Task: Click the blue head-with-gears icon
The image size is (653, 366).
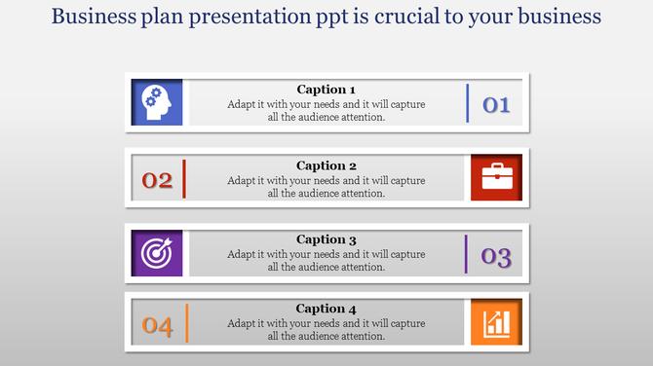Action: pos(156,102)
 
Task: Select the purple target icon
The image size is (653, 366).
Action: pos(156,253)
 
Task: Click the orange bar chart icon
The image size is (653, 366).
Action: pos(496,322)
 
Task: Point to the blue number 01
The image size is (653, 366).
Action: pos(497,104)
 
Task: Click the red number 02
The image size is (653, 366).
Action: pos(157,180)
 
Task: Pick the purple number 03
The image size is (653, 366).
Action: pos(496,257)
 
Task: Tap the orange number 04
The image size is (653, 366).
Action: pos(157,327)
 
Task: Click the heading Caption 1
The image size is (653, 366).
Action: pos(326,90)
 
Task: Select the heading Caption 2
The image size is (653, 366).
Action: pos(326,165)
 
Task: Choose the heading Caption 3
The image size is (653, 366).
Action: pos(326,239)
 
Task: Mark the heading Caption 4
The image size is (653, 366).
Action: pos(326,309)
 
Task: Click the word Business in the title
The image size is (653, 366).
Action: pos(95,17)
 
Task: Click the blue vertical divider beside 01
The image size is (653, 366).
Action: pos(468,102)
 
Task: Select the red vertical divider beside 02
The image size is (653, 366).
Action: pos(184,178)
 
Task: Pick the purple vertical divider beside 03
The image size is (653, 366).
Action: pos(467,253)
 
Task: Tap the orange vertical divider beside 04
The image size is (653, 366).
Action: pos(186,323)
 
